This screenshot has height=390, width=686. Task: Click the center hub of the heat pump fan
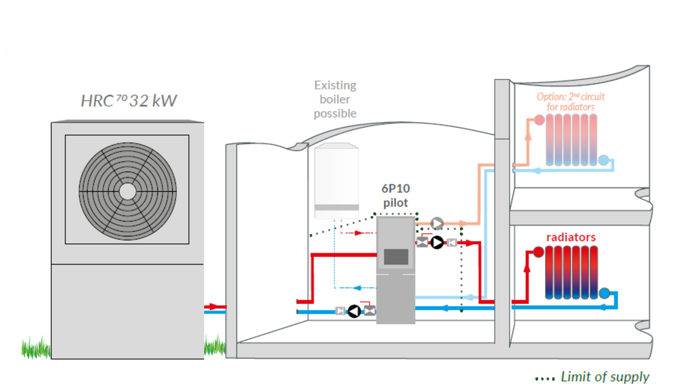[128, 190]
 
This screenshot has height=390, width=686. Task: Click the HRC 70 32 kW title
[129, 101]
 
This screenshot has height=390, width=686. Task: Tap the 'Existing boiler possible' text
[335, 100]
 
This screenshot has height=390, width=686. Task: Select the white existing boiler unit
[336, 180]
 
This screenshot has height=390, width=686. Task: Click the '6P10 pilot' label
[396, 195]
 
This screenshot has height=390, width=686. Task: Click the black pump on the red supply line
[437, 243]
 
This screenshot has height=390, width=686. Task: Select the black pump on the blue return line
[355, 311]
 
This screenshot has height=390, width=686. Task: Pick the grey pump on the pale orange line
[437, 223]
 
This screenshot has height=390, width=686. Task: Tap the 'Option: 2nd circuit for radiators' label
[570, 101]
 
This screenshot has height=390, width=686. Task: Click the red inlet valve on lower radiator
[538, 252]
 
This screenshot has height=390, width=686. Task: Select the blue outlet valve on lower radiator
[604, 294]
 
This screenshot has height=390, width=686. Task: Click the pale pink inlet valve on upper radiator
[539, 120]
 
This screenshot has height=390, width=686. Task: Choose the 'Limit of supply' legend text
[605, 377]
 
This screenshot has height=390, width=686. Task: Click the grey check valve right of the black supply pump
[452, 243]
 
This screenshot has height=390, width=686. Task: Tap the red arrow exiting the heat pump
[215, 307]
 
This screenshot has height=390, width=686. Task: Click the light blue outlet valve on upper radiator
[604, 160]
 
